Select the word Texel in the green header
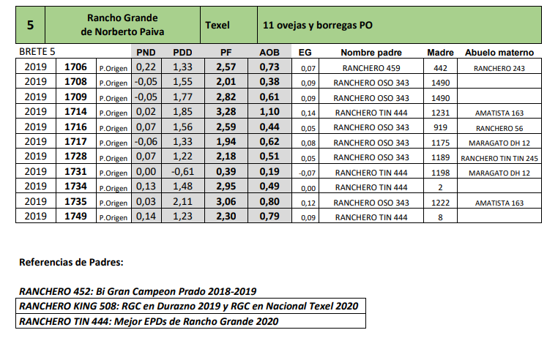tap(217, 25)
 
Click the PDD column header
tap(182, 53)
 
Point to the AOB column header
tap(269, 53)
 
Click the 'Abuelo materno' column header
tap(499, 53)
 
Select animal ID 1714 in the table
tap(76, 113)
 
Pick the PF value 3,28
tap(226, 113)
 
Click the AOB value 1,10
tap(269, 113)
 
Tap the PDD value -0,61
tap(182, 172)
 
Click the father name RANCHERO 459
tap(371, 68)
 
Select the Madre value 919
tap(441, 127)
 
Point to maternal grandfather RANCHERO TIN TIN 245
tap(499, 158)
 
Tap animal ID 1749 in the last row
tap(76, 217)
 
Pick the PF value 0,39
tap(226, 172)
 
